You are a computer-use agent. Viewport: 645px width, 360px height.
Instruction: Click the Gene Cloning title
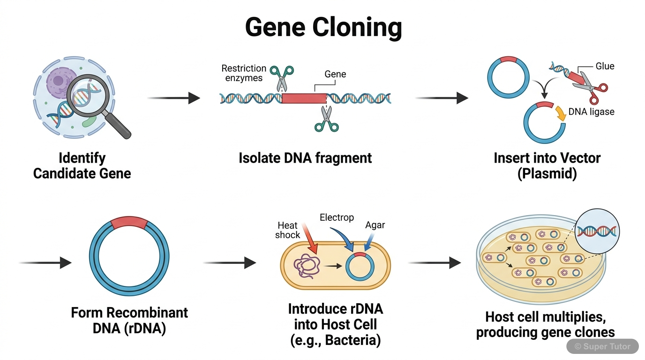click(x=323, y=27)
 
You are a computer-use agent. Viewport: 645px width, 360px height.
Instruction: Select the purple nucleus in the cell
click(x=59, y=80)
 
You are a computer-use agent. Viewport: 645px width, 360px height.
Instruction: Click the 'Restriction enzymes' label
click(x=244, y=73)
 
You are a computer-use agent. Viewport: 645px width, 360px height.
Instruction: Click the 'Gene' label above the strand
click(x=335, y=74)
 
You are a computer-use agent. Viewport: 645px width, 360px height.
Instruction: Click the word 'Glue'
click(x=605, y=66)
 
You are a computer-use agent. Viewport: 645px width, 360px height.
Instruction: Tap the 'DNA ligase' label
click(x=591, y=112)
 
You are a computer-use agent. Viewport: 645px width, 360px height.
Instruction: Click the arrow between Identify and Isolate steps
click(x=173, y=98)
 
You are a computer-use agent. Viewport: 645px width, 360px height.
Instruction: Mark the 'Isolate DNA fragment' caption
click(x=305, y=158)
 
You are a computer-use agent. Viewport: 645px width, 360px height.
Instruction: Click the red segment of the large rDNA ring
click(x=129, y=221)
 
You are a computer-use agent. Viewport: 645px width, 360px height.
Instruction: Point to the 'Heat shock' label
click(x=287, y=230)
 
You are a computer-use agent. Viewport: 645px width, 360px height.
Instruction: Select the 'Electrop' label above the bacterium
click(x=337, y=217)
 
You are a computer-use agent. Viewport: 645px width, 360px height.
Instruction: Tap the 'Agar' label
click(x=375, y=225)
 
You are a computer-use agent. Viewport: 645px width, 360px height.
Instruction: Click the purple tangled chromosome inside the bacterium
click(x=305, y=266)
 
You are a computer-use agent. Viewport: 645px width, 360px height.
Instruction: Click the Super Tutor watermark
click(x=602, y=346)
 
